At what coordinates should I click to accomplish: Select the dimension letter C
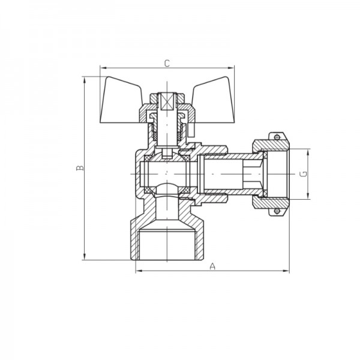point(167,62)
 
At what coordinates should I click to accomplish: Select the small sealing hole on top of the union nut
point(277,137)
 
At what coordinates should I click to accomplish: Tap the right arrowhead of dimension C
point(229,68)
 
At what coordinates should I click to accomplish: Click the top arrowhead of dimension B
point(85,79)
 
